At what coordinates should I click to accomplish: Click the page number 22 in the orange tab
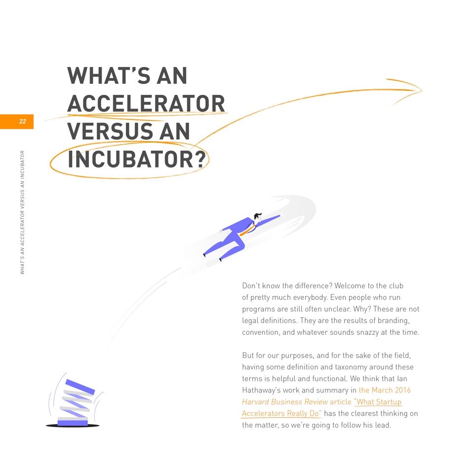(23, 121)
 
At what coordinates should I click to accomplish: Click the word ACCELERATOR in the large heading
(146, 104)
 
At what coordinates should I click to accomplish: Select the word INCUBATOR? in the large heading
(137, 159)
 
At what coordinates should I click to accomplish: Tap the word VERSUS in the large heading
(110, 131)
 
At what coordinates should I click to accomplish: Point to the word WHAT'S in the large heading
(109, 76)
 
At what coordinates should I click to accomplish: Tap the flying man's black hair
(258, 216)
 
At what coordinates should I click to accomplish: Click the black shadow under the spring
(73, 426)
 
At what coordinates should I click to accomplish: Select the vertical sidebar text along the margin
(22, 212)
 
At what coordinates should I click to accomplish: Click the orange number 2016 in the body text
(403, 390)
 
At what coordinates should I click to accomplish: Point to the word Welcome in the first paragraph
(349, 286)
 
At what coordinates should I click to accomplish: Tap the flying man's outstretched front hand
(283, 214)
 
